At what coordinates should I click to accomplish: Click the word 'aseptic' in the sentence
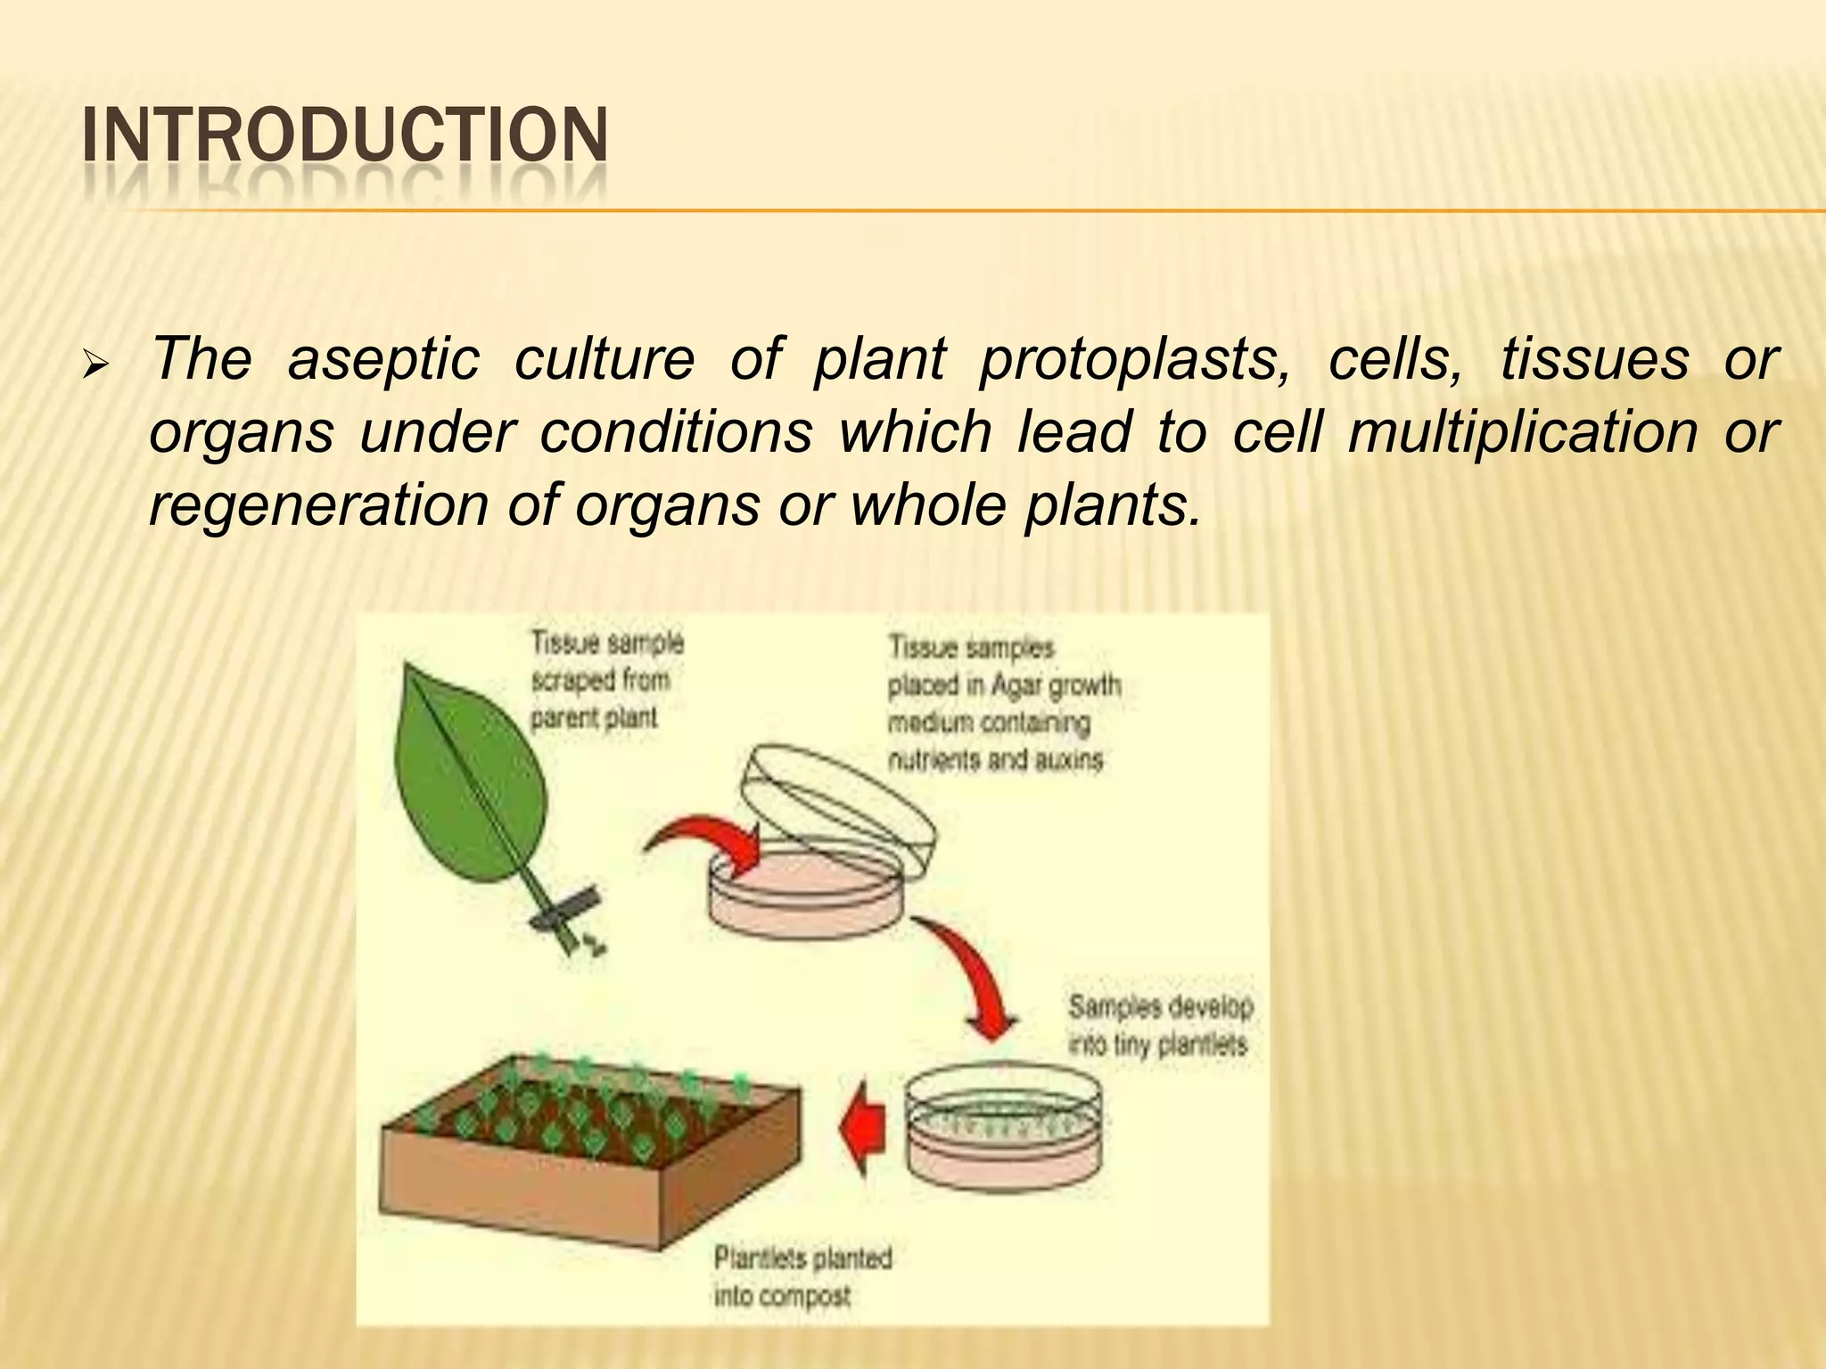383,359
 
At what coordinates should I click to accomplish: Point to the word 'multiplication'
1522,432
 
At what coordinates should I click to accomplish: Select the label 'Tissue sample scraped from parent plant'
607,680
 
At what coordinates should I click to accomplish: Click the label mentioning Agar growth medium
1003,703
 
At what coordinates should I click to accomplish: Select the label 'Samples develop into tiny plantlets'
1160,1026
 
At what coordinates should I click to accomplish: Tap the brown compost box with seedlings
588,1150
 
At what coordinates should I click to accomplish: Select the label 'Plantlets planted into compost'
802,1276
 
